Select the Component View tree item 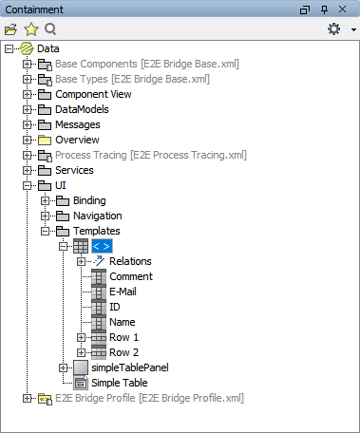point(93,95)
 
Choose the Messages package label point(78,125)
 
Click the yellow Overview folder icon point(44,141)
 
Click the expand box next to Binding point(46,201)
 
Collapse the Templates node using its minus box point(46,232)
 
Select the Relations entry point(130,262)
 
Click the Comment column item point(131,277)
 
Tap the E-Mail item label point(123,292)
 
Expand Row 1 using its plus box point(82,338)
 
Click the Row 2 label point(124,353)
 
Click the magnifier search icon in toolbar point(50,29)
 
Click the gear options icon point(333,29)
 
